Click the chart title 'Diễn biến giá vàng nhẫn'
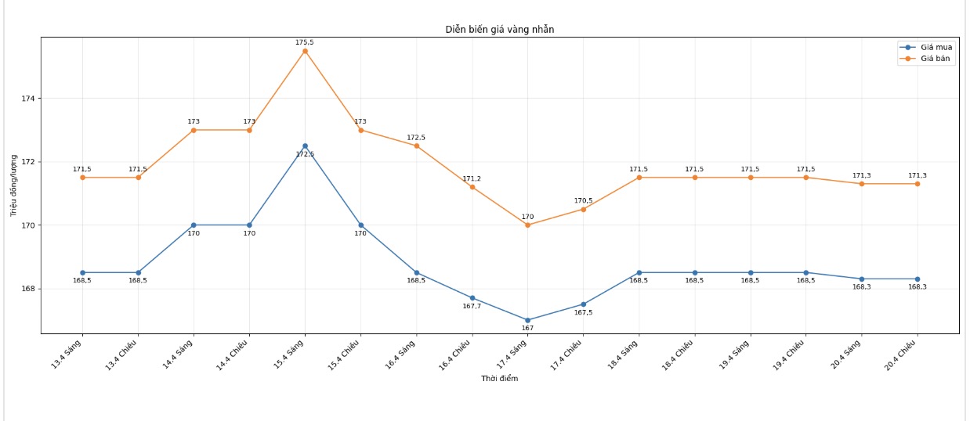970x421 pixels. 500,30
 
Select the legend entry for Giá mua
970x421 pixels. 936,47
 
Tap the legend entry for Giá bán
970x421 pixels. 936,59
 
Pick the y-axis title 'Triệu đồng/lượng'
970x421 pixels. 14,185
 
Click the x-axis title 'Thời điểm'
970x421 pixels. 499,379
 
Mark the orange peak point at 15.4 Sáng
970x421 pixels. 305,51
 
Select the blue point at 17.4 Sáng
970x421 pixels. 527,320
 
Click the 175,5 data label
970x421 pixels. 305,42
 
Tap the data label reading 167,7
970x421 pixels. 472,306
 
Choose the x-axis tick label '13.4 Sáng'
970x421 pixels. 67,353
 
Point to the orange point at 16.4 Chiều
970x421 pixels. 472,187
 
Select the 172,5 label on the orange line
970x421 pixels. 416,138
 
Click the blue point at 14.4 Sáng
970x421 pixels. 194,225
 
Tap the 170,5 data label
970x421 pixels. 583,200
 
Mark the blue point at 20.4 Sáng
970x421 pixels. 861,279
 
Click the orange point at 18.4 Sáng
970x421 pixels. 639,178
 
